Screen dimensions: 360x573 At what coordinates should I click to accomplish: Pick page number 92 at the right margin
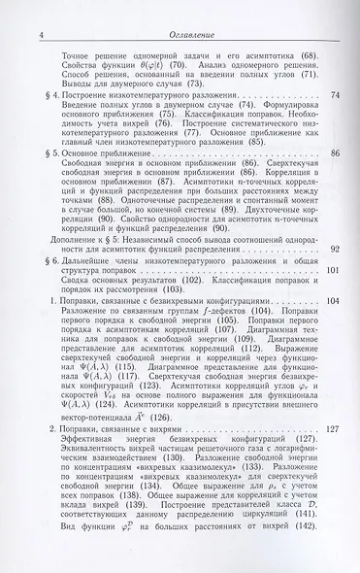335,250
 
